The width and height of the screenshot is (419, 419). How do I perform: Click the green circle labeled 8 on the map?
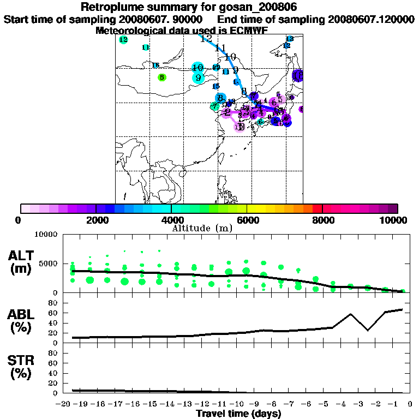(161, 77)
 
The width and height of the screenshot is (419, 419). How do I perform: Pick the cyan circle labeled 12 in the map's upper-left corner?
(123, 40)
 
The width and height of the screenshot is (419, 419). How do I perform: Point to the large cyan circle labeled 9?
(198, 77)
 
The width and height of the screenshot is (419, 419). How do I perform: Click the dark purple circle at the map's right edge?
(298, 75)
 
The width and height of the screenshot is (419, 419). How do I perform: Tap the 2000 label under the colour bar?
(95, 220)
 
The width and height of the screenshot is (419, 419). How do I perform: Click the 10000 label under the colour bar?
(396, 220)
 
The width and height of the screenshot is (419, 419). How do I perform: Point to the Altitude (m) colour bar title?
(202, 228)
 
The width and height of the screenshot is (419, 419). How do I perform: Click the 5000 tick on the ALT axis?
(49, 264)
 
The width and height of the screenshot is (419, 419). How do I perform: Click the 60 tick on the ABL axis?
(55, 313)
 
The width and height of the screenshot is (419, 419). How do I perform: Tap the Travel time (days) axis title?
(238, 414)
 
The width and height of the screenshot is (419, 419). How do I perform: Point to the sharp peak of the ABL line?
(350, 314)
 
